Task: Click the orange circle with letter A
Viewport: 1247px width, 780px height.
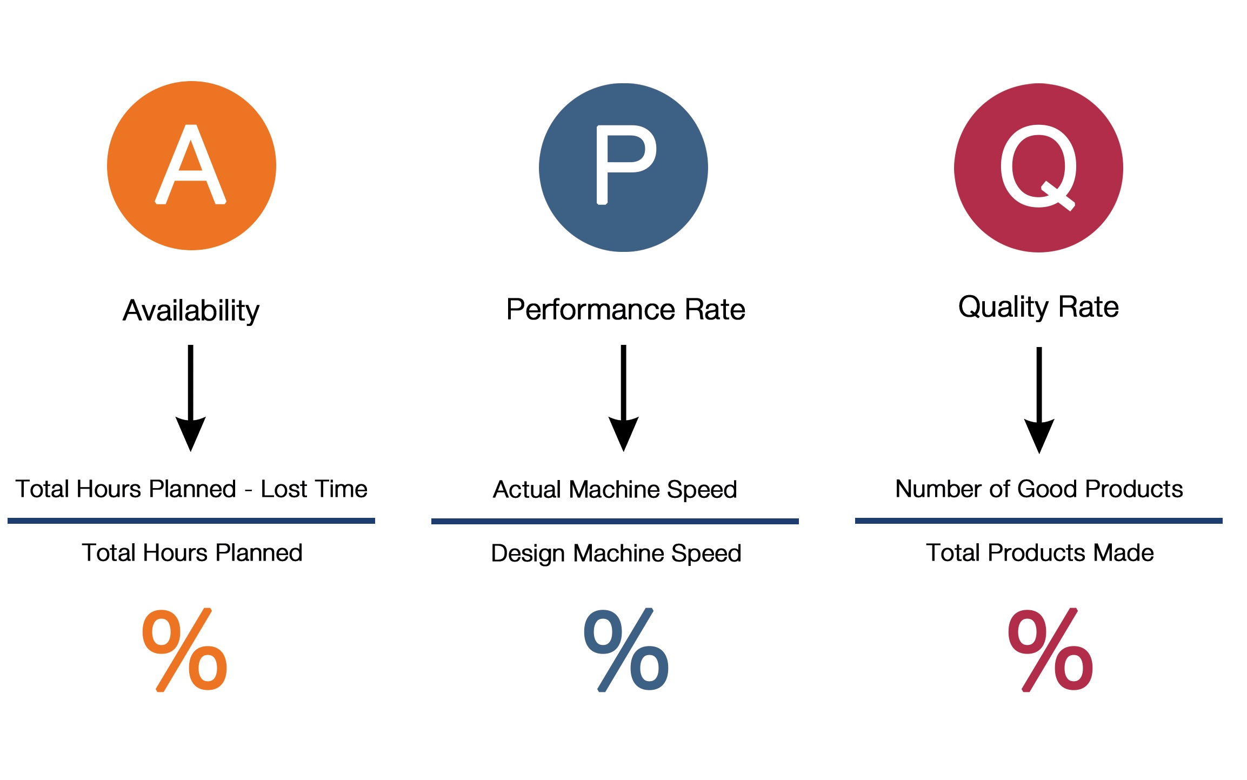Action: tap(191, 165)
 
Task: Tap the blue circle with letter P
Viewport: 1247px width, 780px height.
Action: tap(623, 168)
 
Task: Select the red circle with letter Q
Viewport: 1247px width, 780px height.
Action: tap(1038, 168)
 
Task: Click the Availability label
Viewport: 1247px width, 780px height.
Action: tap(191, 311)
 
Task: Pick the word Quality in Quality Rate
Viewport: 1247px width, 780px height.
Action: tap(1004, 308)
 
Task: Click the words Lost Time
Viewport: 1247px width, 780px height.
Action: tap(314, 489)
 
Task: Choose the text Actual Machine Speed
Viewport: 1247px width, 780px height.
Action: tap(615, 490)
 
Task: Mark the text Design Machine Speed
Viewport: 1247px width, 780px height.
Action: tap(616, 554)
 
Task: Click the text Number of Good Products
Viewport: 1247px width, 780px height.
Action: tap(1039, 489)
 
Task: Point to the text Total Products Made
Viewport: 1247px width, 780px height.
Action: tap(1039, 553)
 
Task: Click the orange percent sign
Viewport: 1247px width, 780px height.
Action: tap(184, 650)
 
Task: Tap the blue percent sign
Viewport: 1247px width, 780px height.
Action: tap(626, 650)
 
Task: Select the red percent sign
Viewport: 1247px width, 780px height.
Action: tap(1050, 650)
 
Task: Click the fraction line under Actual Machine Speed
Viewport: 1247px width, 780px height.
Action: tap(615, 521)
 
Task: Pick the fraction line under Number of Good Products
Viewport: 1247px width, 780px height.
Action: tap(1038, 521)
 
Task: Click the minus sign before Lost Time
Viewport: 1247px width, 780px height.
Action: tap(248, 491)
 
